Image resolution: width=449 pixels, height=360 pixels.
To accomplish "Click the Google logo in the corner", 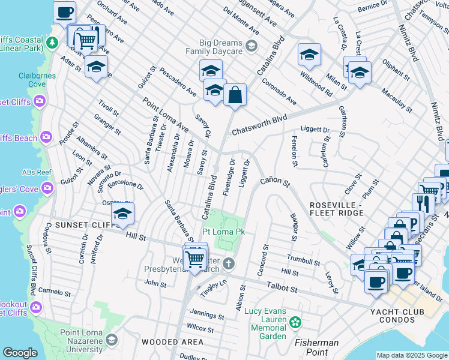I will pos(20,353).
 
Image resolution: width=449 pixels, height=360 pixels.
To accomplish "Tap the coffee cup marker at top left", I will pos(65,12).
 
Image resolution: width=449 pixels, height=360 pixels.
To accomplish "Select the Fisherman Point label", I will pos(316,343).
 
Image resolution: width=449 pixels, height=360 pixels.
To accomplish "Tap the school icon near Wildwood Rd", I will pos(309,55).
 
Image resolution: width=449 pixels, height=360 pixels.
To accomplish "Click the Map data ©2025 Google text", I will pos(412,355).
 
